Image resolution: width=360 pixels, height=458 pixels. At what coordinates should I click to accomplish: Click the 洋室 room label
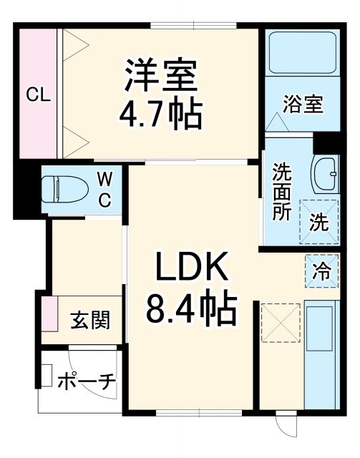(160, 74)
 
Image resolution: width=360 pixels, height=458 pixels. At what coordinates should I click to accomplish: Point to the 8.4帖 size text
(191, 309)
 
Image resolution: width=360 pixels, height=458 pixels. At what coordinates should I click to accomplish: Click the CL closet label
(38, 94)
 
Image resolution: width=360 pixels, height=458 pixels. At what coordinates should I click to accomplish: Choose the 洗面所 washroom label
(281, 192)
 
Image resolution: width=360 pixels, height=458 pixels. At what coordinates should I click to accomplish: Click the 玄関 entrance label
(90, 320)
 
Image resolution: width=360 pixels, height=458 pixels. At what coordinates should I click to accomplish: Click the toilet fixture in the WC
(65, 189)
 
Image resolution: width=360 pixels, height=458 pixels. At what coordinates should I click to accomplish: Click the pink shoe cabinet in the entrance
(49, 313)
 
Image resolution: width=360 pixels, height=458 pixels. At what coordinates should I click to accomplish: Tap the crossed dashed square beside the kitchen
(278, 322)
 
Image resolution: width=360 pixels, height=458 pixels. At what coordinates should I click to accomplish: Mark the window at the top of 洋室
(195, 27)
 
